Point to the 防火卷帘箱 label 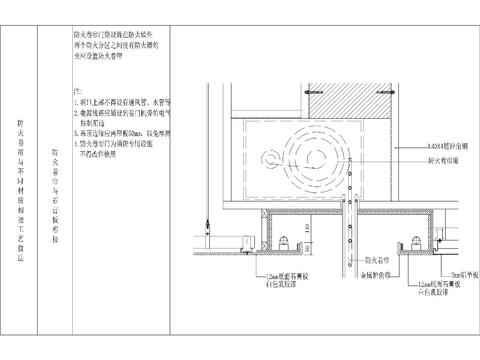[x=443, y=158]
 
